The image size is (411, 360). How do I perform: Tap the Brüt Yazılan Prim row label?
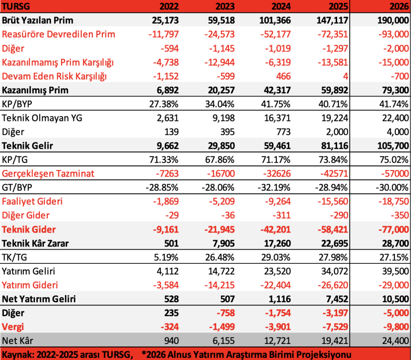38,20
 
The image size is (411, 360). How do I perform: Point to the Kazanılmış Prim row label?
35,90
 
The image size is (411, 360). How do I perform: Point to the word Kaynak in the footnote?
16,354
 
